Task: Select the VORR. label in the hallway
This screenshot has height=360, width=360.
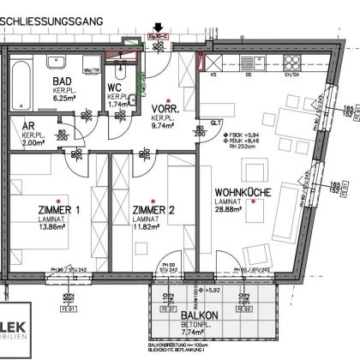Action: click(x=164, y=110)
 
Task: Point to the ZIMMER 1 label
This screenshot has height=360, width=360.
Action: click(x=59, y=211)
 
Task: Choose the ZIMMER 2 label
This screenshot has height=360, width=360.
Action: click(x=153, y=211)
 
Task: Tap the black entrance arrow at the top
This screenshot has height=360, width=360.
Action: click(x=157, y=28)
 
